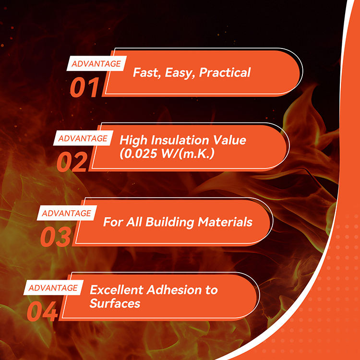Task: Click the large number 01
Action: pyautogui.click(x=84, y=87)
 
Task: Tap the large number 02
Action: pyautogui.click(x=72, y=162)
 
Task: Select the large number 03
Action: pyautogui.click(x=55, y=237)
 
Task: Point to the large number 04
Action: pyautogui.click(x=42, y=312)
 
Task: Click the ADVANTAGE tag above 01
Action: pyautogui.click(x=96, y=63)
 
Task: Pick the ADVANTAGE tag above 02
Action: pyautogui.click(x=83, y=138)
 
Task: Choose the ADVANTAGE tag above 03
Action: pyautogui.click(x=67, y=213)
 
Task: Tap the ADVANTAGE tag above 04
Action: pyautogui.click(x=53, y=288)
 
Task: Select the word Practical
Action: pyautogui.click(x=225, y=72)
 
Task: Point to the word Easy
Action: pyautogui.click(x=180, y=73)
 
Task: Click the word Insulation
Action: pyautogui.click(x=180, y=140)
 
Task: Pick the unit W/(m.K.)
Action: pyautogui.click(x=188, y=154)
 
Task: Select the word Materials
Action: pyautogui.click(x=225, y=222)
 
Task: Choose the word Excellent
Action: pyautogui.click(x=117, y=290)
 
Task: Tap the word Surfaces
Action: pyautogui.click(x=115, y=303)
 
